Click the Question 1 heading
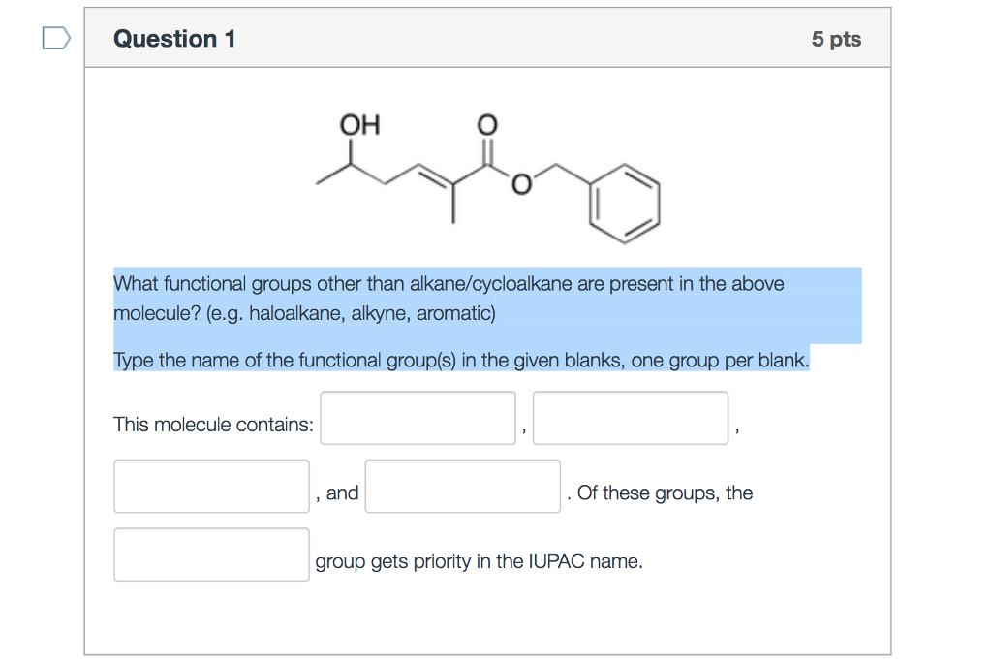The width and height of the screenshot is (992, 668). (x=174, y=39)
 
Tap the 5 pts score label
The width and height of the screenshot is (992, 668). (x=836, y=40)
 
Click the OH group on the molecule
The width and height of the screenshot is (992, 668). (x=359, y=125)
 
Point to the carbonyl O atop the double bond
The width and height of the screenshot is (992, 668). (x=487, y=125)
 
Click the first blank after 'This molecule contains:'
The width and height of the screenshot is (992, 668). (x=418, y=418)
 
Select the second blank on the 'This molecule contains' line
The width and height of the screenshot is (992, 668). (x=630, y=418)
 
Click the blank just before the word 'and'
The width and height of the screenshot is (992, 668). (x=211, y=487)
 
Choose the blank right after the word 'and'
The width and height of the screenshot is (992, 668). (x=462, y=487)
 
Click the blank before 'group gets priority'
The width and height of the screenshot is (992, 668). (x=211, y=555)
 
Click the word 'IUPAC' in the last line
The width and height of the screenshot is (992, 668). (x=553, y=561)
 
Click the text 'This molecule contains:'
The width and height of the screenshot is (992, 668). (x=213, y=425)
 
